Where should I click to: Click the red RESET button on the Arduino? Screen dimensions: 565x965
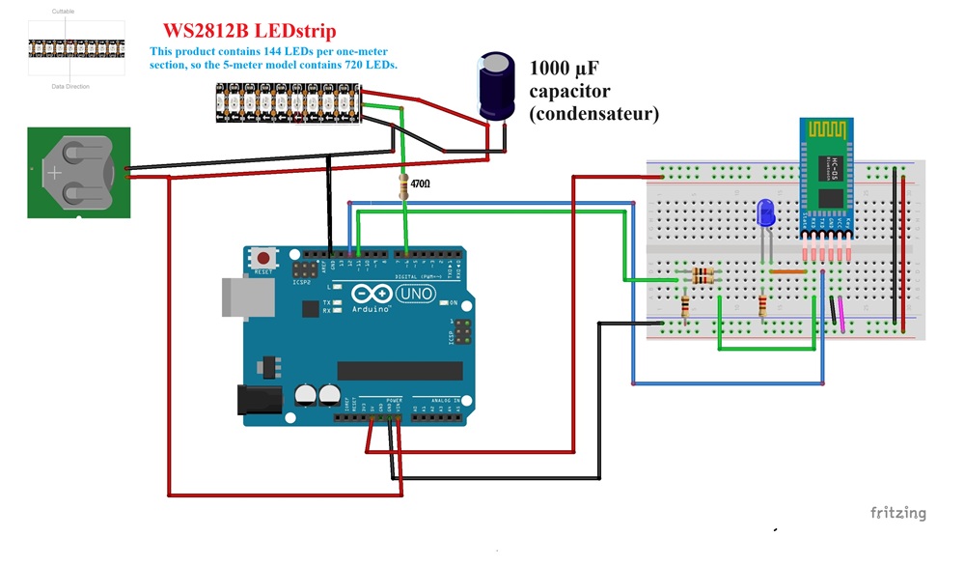pyautogui.click(x=262, y=259)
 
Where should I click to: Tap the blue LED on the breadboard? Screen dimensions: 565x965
pyautogui.click(x=765, y=213)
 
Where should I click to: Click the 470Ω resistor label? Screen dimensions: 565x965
pyautogui.click(x=421, y=183)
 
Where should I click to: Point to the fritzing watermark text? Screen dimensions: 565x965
pyautogui.click(x=897, y=513)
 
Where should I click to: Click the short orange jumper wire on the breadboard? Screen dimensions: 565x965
pyautogui.click(x=789, y=272)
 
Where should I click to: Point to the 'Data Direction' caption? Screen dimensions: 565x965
pyautogui.click(x=70, y=86)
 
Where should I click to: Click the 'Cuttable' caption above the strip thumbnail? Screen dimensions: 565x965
pyautogui.click(x=63, y=12)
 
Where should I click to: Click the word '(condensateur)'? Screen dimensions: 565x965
pyautogui.click(x=593, y=114)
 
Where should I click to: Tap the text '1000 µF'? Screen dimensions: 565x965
pyautogui.click(x=565, y=68)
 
